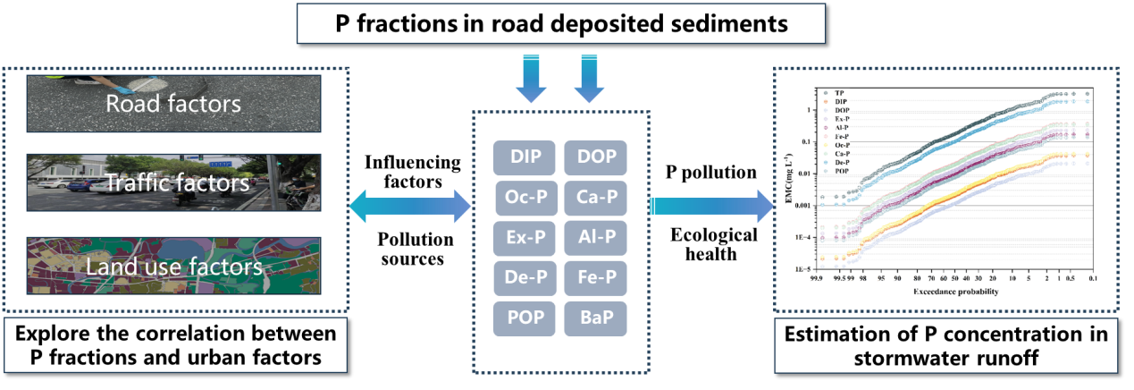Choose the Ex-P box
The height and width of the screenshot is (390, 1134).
tap(526, 237)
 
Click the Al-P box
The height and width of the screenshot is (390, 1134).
tap(595, 237)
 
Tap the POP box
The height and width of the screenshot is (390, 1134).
tap(526, 318)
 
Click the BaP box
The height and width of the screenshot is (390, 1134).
tap(595, 318)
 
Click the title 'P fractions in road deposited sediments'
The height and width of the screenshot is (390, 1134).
tap(561, 24)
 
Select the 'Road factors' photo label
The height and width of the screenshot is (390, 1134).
tap(172, 104)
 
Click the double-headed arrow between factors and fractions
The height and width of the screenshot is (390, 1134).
tap(408, 208)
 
